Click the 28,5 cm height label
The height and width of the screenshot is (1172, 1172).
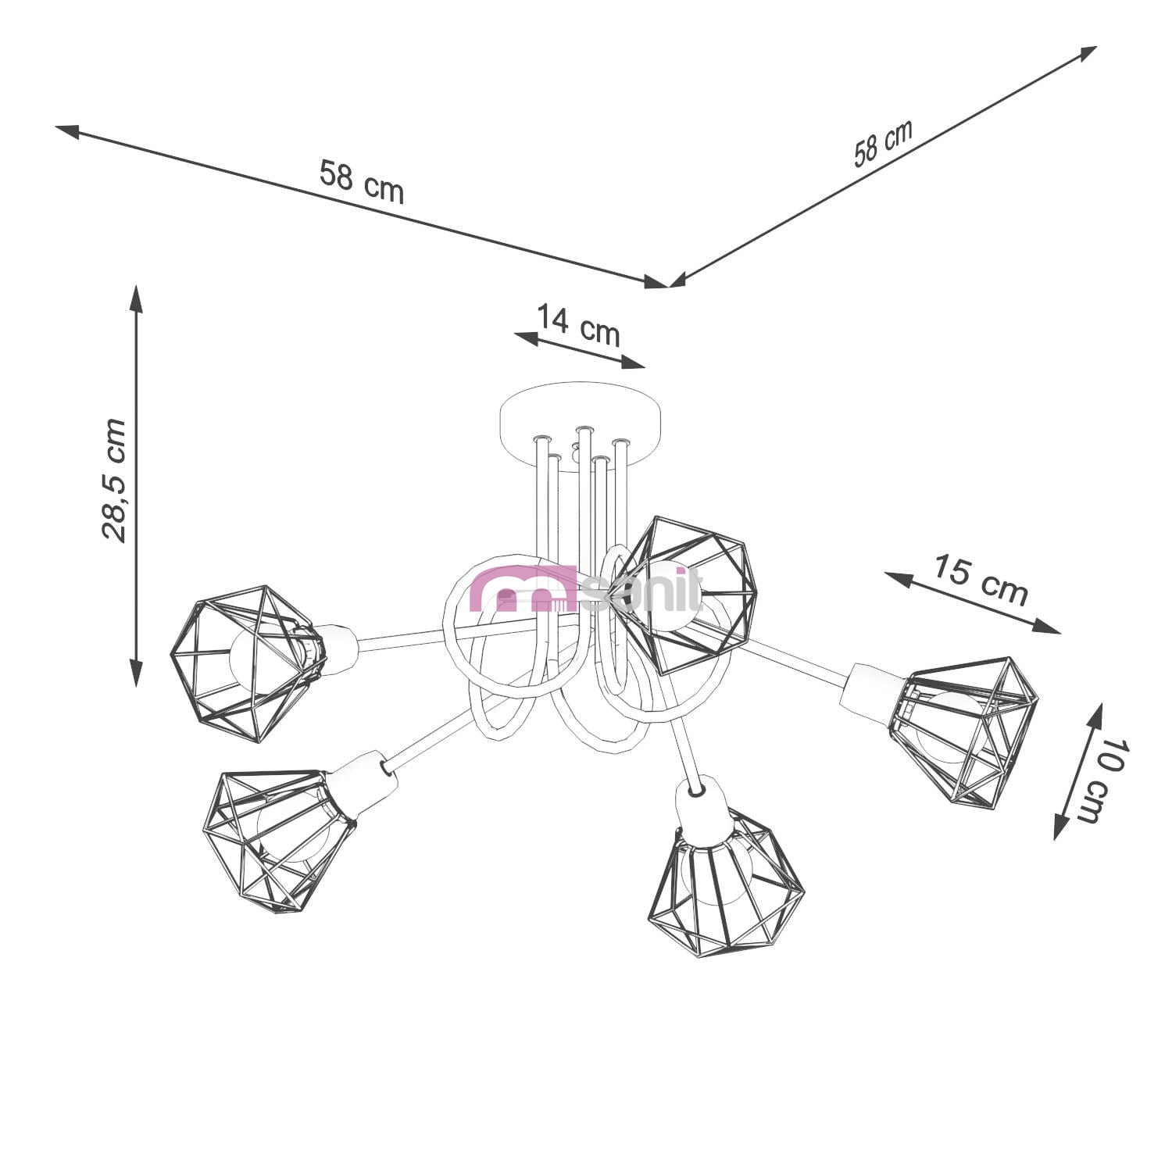point(114,480)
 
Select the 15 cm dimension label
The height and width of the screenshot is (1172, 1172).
point(981,580)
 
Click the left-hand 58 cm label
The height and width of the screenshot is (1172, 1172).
point(362,182)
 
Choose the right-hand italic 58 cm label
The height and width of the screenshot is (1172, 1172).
point(883,144)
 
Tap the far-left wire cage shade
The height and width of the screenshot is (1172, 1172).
point(247,663)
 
